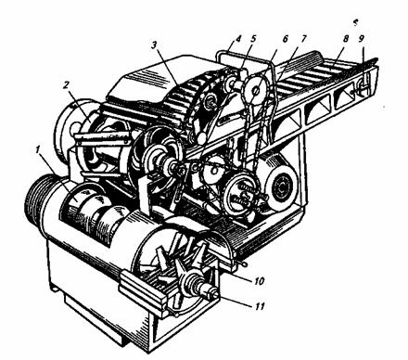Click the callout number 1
click(x=38, y=150)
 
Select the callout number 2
click(x=67, y=85)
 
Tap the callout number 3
click(x=155, y=45)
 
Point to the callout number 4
click(x=237, y=40)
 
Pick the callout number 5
click(x=253, y=39)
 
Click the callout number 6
click(x=285, y=39)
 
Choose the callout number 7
click(x=303, y=39)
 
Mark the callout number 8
click(x=346, y=39)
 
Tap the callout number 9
click(x=362, y=38)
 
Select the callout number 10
click(x=259, y=281)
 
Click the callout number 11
click(x=260, y=306)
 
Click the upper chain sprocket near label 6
click(x=256, y=90)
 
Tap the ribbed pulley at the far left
click(x=34, y=197)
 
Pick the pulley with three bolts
click(x=241, y=195)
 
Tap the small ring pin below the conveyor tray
click(x=244, y=264)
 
